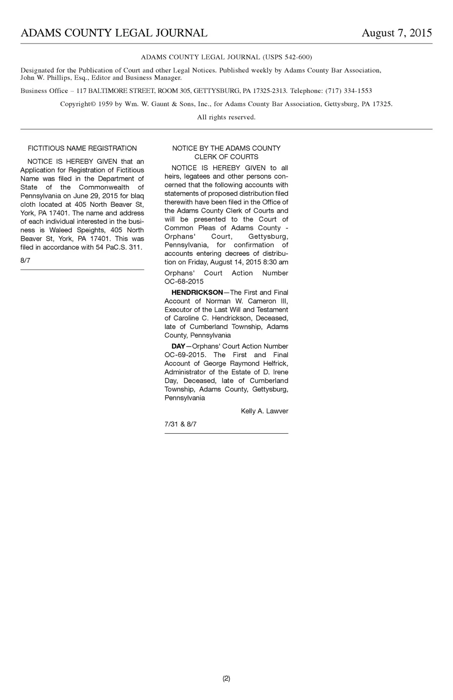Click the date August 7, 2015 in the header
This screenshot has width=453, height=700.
point(396,33)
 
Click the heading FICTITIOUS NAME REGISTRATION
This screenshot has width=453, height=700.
point(82,148)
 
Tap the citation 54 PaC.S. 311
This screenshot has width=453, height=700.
point(119,247)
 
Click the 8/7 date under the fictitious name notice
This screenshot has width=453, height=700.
point(25,260)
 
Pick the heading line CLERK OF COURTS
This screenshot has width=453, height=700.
point(226,157)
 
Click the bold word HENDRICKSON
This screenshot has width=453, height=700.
point(197,292)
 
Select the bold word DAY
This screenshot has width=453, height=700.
point(178,346)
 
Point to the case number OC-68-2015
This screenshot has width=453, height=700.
point(184,281)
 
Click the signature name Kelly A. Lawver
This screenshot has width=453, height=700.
point(264,411)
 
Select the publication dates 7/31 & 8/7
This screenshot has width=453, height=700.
point(180,424)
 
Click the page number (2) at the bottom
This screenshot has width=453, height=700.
point(226,678)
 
